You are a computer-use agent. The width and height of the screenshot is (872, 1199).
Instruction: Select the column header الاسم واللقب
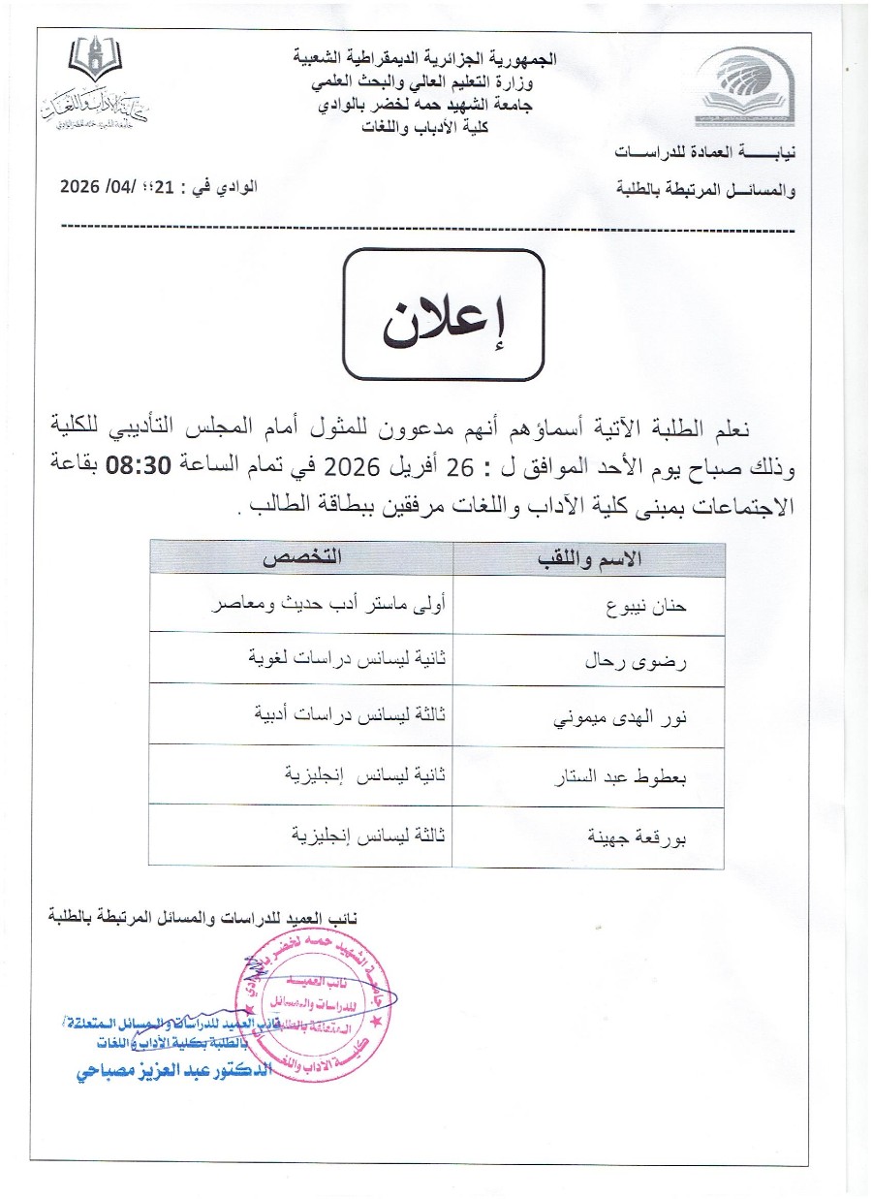(x=587, y=560)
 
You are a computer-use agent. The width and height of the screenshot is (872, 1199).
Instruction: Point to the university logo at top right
(x=740, y=85)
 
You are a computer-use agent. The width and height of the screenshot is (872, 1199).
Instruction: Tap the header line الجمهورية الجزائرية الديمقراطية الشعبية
(x=425, y=58)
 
